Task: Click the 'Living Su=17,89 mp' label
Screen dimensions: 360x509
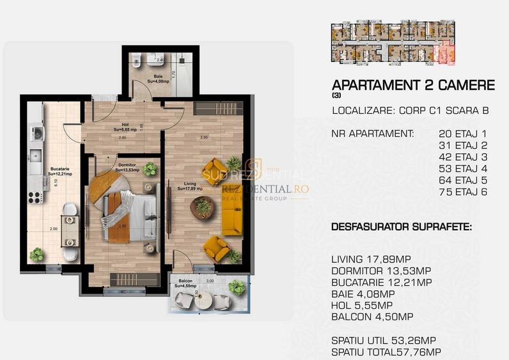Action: pos(189,186)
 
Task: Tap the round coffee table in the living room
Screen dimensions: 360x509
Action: pos(204,207)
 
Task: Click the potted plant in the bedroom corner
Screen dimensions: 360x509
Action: pos(150,169)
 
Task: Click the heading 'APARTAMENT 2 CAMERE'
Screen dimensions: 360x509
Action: pos(413,85)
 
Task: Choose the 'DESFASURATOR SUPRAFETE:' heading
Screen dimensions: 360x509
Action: pos(401,227)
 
